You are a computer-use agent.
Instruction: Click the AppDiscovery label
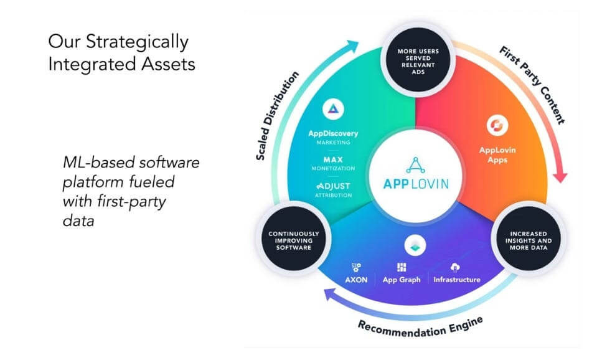click(x=333, y=133)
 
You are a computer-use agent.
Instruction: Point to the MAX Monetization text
click(x=333, y=163)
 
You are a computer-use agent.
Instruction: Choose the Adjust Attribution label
click(x=334, y=190)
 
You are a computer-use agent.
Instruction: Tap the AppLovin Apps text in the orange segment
click(x=497, y=154)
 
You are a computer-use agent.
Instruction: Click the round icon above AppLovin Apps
click(x=497, y=125)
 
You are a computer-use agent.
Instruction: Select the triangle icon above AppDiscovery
click(x=333, y=110)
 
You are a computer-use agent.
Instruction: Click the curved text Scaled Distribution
click(x=276, y=115)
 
